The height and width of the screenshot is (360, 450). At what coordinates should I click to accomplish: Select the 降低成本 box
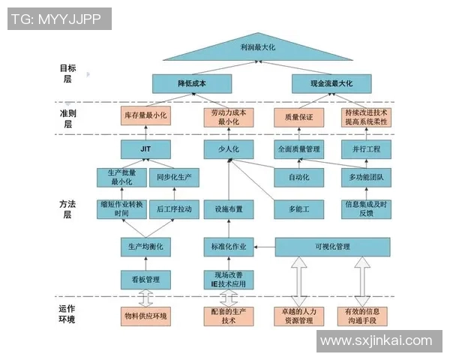click(x=192, y=83)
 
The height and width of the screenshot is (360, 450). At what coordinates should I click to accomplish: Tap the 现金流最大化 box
click(x=331, y=83)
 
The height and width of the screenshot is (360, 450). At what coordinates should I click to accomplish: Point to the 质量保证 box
click(x=288, y=116)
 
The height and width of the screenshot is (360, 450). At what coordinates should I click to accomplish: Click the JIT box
click(x=145, y=149)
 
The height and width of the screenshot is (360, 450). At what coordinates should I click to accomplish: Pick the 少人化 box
click(x=228, y=149)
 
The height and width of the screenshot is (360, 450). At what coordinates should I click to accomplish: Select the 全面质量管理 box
click(x=298, y=149)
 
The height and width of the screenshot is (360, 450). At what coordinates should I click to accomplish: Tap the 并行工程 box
click(x=367, y=149)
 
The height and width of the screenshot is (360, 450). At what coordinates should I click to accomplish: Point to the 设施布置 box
click(x=228, y=208)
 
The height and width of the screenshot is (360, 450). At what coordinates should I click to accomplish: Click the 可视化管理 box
click(x=333, y=246)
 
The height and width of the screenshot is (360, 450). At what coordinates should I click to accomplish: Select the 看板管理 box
click(x=145, y=279)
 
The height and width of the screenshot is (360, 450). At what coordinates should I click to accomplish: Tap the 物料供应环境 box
click(x=145, y=316)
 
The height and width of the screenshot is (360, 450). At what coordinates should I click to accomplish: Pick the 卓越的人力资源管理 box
click(x=298, y=316)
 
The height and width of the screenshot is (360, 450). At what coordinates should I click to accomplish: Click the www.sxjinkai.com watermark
click(x=376, y=340)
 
